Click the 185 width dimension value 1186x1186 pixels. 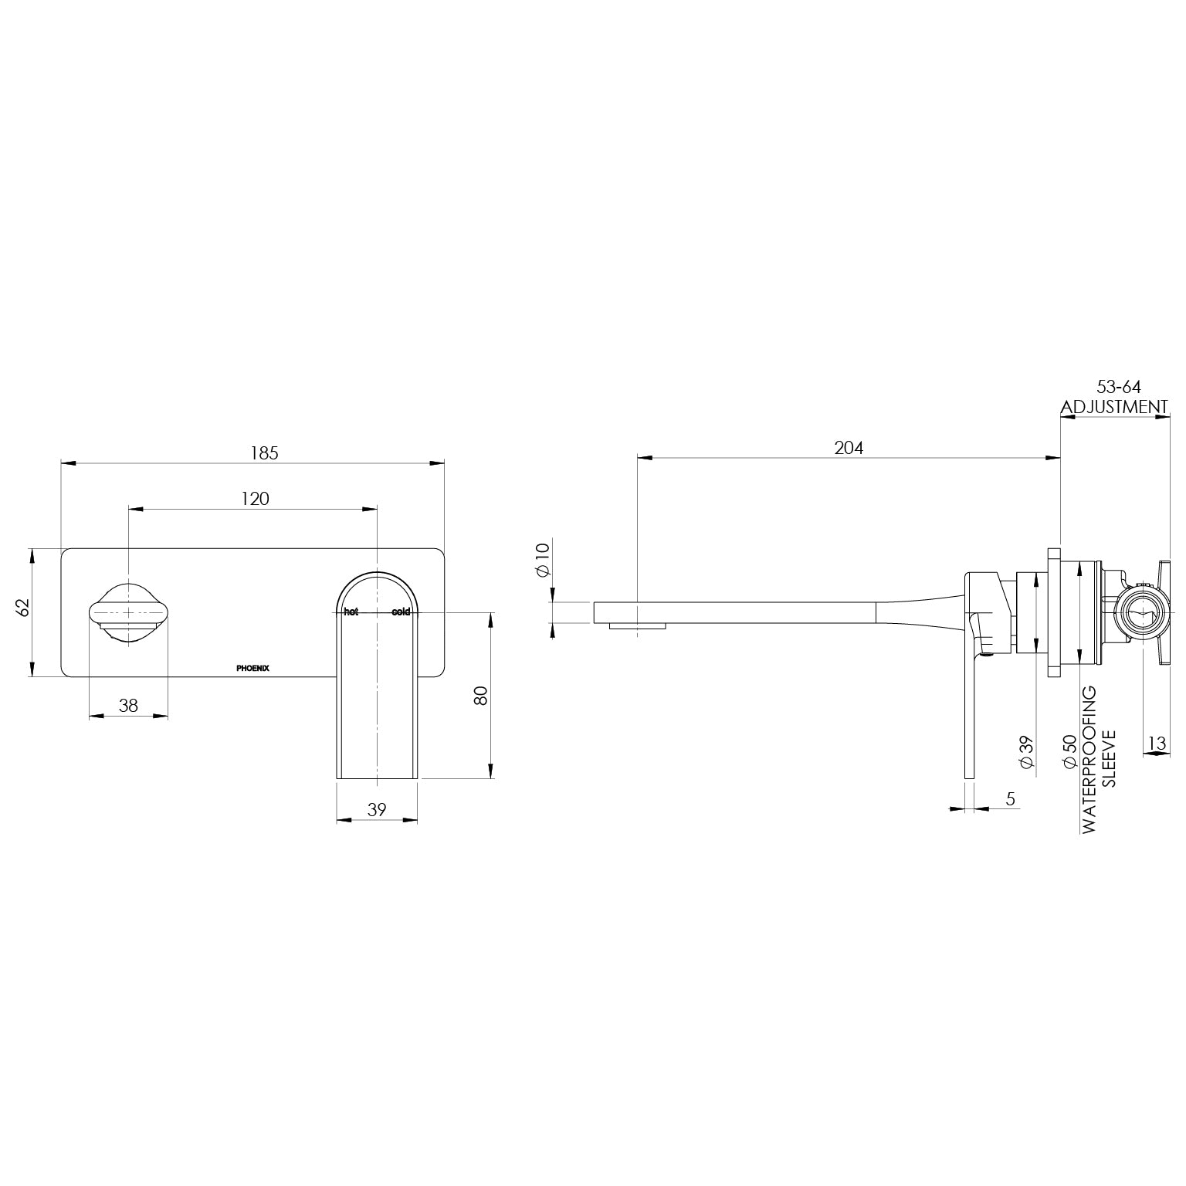[263, 453]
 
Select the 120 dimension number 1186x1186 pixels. [256, 499]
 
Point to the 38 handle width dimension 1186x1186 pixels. [128, 705]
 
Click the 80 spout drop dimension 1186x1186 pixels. [480, 695]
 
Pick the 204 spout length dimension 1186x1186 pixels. [849, 448]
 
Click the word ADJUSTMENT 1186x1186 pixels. [1113, 407]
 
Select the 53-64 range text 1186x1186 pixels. [1119, 388]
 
